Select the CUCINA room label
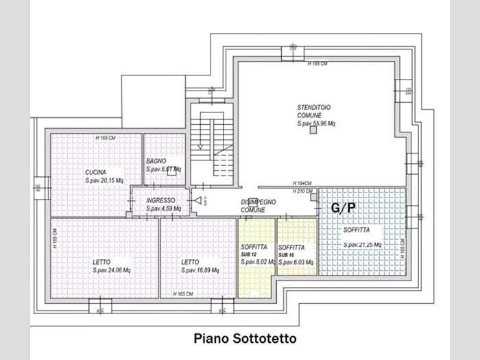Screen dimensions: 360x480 95,171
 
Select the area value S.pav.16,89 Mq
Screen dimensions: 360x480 200,271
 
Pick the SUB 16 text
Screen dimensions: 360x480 287,254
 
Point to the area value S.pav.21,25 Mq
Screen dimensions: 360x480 362,243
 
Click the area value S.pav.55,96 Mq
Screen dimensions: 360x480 316,124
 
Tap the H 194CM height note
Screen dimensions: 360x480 302,183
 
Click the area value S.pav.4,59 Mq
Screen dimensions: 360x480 163,208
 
